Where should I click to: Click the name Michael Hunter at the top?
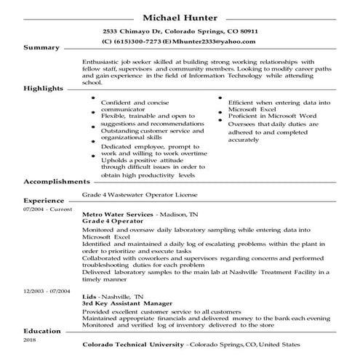pos(180,17)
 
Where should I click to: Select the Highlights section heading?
pos(44,88)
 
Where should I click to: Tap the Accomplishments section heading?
pos(57,181)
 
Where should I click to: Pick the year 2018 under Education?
pos(29,340)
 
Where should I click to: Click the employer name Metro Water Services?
pos(119,216)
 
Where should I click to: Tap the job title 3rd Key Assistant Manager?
pos(127,304)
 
